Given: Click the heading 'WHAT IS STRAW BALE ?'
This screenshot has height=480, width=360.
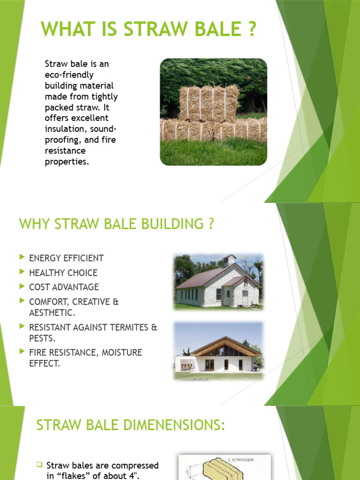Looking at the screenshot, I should point(149,29).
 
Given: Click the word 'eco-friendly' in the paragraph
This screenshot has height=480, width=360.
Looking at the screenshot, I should point(69,75).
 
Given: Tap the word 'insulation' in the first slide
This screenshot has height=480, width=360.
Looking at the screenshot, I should point(65,128).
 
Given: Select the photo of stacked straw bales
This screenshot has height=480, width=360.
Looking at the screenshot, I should point(213,112).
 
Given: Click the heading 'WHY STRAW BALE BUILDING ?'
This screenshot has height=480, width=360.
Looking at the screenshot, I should point(116,224).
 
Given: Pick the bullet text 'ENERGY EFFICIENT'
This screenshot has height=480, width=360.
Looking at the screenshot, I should point(66,258).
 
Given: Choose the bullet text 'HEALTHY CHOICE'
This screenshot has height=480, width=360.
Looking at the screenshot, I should point(63,273).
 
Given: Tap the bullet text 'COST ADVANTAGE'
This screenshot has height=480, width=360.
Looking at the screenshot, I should point(64,287).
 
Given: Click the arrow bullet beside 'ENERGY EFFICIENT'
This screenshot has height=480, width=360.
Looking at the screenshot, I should point(22,258).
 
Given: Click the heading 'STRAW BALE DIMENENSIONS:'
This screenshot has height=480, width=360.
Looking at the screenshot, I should point(131,426).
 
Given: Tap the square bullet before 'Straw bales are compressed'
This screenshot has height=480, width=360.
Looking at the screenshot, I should point(40,465).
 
